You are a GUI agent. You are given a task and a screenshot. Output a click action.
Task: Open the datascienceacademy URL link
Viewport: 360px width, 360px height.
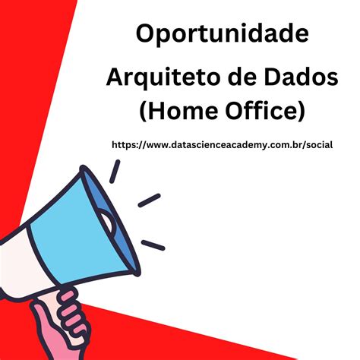(220, 144)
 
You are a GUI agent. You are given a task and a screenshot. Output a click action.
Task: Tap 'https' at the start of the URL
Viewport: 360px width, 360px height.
(125, 144)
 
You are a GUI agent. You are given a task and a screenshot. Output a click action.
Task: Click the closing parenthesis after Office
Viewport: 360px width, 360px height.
(301, 112)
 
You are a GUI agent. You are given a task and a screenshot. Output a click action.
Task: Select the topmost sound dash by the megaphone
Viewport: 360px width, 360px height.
(115, 172)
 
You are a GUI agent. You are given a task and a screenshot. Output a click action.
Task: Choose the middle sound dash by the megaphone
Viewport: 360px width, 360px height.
(149, 200)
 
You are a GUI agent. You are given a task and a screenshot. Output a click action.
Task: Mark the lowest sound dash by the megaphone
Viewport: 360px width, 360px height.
(153, 245)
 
